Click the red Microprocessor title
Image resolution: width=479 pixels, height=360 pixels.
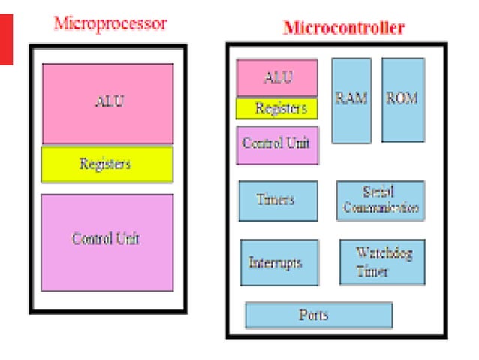pyautogui.click(x=110, y=23)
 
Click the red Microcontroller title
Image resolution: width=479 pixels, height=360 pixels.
pyautogui.click(x=343, y=29)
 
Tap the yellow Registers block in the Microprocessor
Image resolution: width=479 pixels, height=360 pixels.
pyautogui.click(x=107, y=164)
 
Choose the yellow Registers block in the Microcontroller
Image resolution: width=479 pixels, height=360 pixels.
pyautogui.click(x=277, y=109)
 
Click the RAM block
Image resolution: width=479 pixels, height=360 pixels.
pyautogui.click(x=351, y=100)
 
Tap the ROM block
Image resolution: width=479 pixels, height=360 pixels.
pyautogui.click(x=402, y=99)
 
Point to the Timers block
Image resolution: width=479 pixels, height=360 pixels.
pyautogui.click(x=277, y=201)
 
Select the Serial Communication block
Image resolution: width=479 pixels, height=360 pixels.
pyautogui.click(x=380, y=200)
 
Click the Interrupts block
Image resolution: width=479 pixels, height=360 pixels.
pyautogui.click(x=279, y=262)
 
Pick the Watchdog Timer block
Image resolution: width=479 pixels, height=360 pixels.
pyautogui.click(x=381, y=262)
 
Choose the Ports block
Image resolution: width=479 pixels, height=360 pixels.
pyautogui.click(x=318, y=315)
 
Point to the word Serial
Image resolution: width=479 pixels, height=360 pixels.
pyautogui.click(x=378, y=192)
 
